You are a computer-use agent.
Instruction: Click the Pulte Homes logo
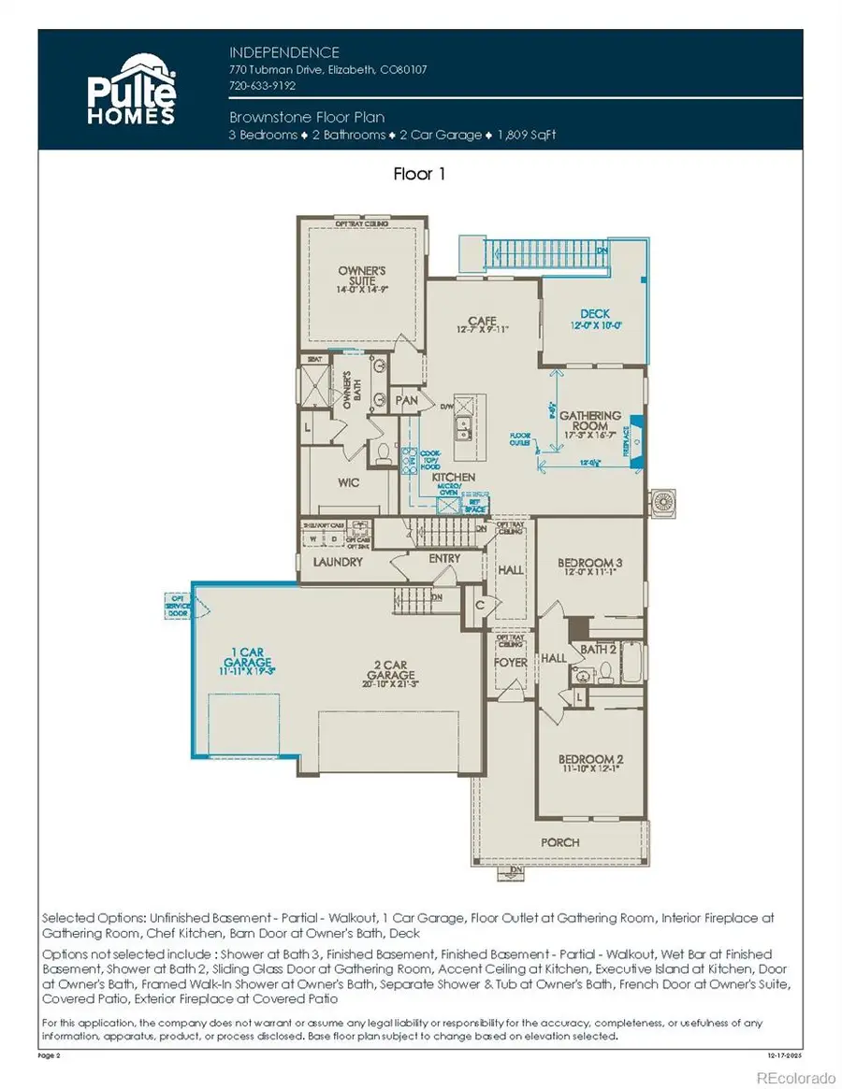pyautogui.click(x=131, y=91)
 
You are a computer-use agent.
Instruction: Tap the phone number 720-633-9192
pyautogui.click(x=263, y=84)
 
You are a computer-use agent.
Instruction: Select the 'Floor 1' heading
pyautogui.click(x=420, y=174)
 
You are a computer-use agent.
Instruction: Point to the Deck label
pyautogui.click(x=595, y=314)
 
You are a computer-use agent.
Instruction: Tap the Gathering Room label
pyautogui.click(x=590, y=421)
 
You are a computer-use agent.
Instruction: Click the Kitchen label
pyautogui.click(x=454, y=478)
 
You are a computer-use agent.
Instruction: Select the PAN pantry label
pyautogui.click(x=407, y=400)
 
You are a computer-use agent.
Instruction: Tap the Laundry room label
pyautogui.click(x=338, y=562)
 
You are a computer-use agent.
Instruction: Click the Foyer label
pyautogui.click(x=511, y=663)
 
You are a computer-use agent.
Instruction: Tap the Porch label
pyautogui.click(x=559, y=842)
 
